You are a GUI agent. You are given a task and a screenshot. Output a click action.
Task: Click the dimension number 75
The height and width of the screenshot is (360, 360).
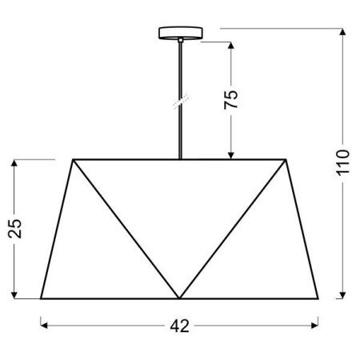tap(230, 99)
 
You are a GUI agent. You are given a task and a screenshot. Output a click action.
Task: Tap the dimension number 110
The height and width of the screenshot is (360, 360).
tap(343, 165)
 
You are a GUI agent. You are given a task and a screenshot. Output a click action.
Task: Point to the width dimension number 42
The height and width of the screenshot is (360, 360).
tap(180, 326)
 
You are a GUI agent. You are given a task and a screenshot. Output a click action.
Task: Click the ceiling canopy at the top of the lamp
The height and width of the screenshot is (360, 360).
tap(180, 34)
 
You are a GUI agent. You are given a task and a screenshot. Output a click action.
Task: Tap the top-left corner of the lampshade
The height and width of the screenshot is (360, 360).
tap(74, 159)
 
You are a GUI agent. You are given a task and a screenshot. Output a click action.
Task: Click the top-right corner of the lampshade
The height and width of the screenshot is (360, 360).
tap(286, 159)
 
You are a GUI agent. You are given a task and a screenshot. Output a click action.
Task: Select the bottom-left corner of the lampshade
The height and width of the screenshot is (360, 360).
tap(41, 298)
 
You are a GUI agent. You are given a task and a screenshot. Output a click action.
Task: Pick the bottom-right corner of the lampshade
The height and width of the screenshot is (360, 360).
tap(319, 298)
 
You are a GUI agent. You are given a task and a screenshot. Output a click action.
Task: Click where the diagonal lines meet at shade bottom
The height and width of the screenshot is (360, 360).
tap(180, 298)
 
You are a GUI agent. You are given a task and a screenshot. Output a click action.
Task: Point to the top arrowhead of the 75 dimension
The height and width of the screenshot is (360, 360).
tap(230, 44)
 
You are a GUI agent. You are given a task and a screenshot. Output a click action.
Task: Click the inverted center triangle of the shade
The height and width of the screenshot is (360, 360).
tap(180, 208)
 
